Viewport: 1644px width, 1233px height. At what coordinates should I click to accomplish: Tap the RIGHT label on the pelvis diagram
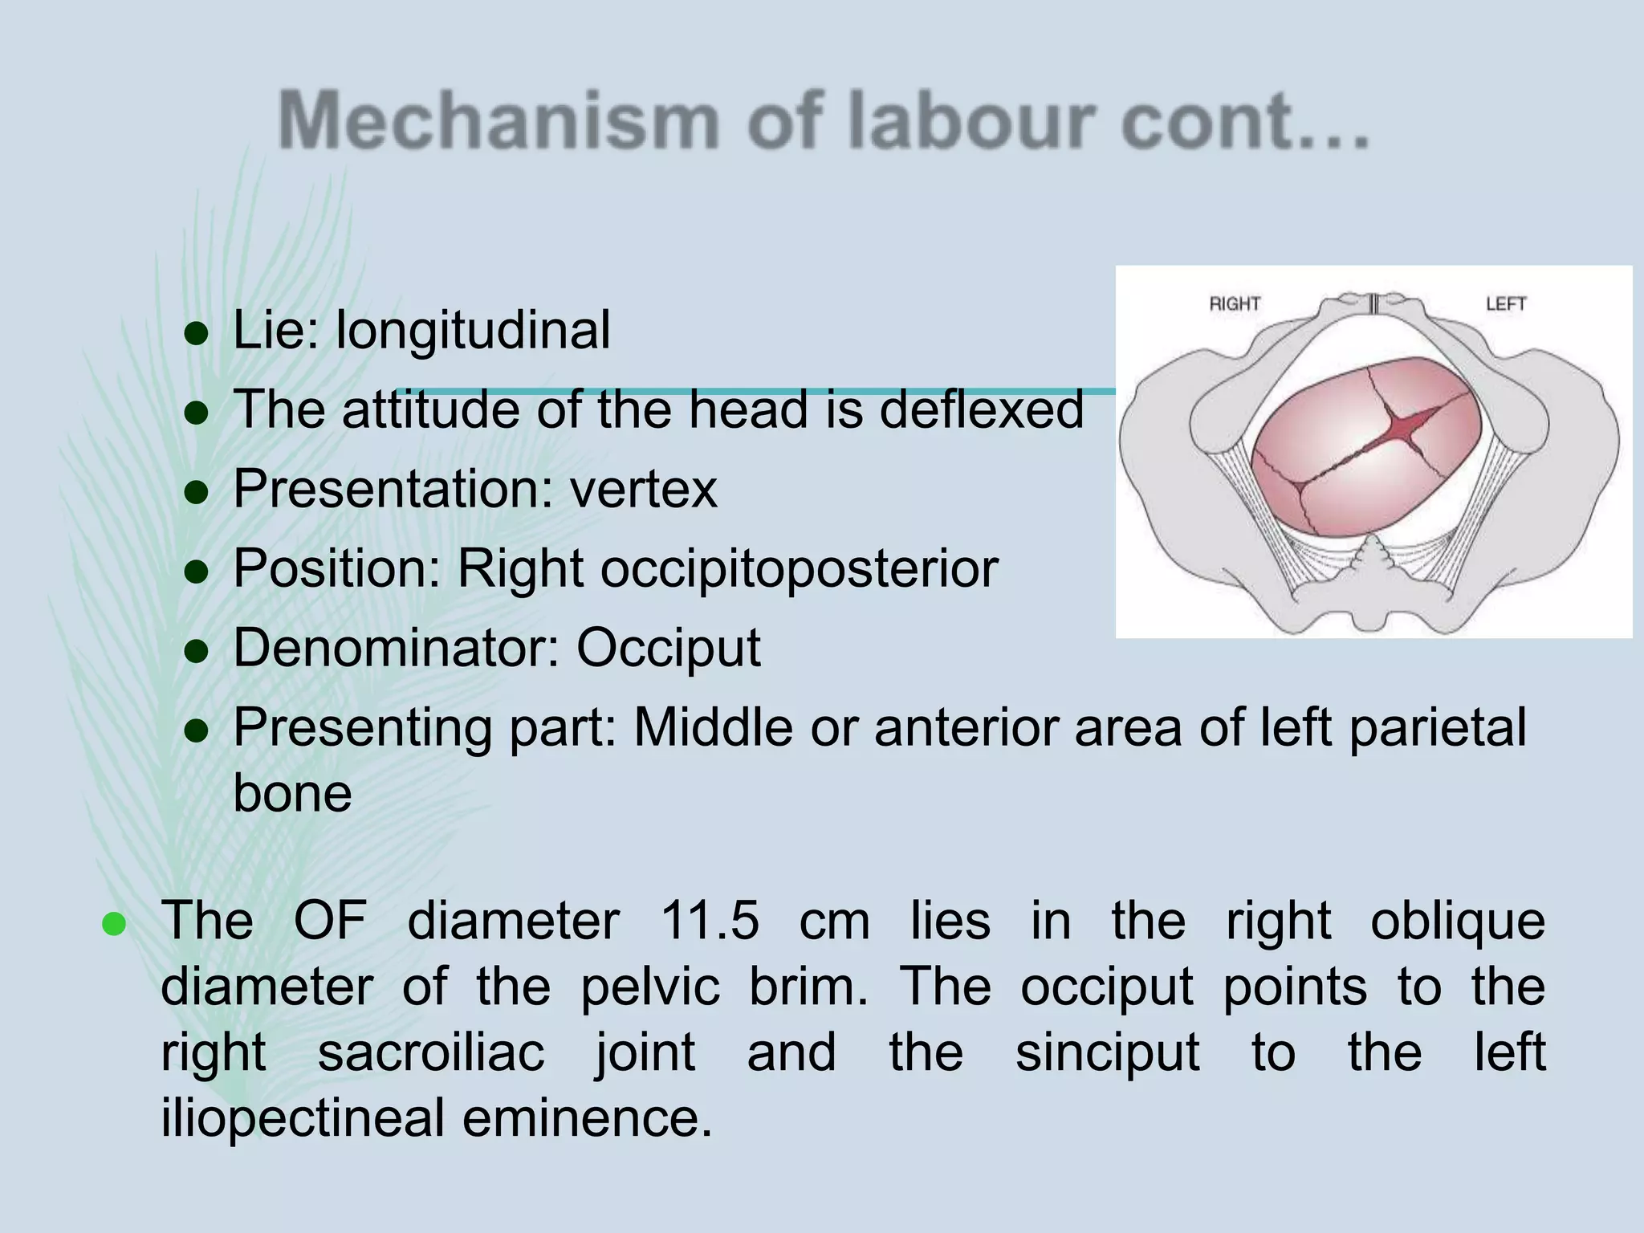[x=1235, y=304]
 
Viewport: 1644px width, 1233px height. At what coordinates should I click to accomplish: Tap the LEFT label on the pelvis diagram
[x=1505, y=304]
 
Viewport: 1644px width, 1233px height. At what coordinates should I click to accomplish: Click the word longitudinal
[x=473, y=331]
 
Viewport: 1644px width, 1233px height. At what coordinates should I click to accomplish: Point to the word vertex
[x=643, y=489]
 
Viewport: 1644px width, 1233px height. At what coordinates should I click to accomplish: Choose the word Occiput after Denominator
[x=668, y=648]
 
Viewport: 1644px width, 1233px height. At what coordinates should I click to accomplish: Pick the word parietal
[x=1437, y=728]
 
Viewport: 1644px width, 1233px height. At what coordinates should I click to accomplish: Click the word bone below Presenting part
[x=292, y=793]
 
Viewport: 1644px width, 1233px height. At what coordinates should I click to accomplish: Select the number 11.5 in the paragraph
[x=710, y=921]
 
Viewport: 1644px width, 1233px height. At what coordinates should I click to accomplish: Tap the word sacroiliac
[x=431, y=1052]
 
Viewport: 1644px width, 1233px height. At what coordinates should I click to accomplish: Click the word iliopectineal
[x=303, y=1118]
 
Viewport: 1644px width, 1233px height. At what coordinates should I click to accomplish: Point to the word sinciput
[x=1107, y=1052]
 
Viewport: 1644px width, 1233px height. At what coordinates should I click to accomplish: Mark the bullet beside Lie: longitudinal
[x=197, y=333]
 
